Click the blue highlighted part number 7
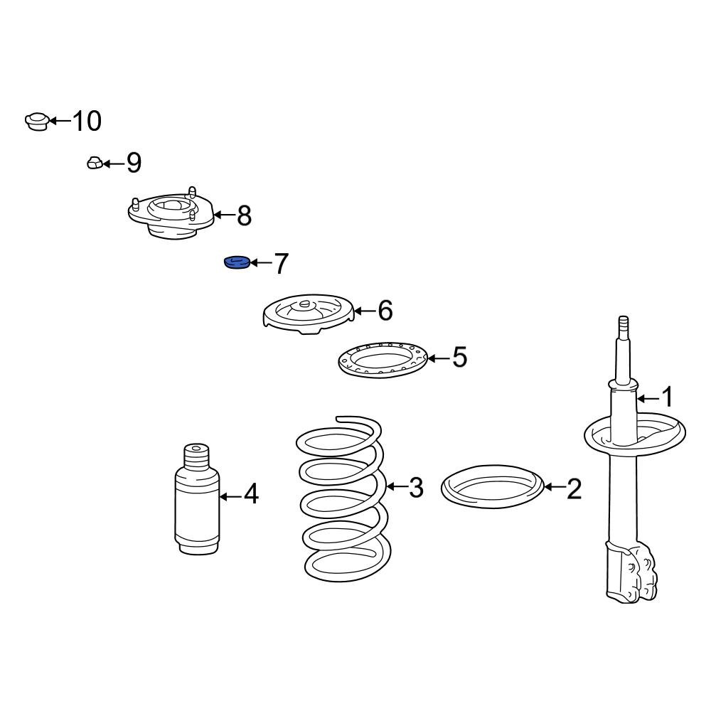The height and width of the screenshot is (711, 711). click(x=237, y=262)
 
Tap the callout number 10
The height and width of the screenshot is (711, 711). click(x=87, y=121)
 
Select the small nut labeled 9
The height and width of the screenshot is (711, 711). click(x=95, y=162)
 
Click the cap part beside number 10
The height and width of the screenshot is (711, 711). click(x=37, y=121)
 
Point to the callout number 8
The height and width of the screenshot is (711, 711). click(x=245, y=216)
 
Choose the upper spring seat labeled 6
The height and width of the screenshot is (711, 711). click(x=309, y=314)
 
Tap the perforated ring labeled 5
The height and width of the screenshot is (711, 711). click(x=383, y=360)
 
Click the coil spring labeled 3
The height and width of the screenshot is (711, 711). click(x=343, y=500)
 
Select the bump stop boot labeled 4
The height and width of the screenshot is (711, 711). click(x=197, y=499)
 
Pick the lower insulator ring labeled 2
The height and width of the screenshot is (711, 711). click(x=492, y=486)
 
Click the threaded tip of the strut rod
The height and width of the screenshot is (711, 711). click(x=624, y=326)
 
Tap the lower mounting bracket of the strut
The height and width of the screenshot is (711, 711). click(x=631, y=572)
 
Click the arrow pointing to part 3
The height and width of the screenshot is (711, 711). click(x=397, y=486)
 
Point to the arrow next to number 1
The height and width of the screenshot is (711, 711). click(x=648, y=399)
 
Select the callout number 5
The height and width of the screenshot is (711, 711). click(x=459, y=357)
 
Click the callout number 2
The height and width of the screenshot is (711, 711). click(x=574, y=489)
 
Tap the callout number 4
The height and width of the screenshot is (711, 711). click(x=251, y=494)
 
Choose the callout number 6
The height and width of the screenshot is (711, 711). click(x=385, y=311)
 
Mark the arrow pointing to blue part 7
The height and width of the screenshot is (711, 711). click(x=261, y=262)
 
